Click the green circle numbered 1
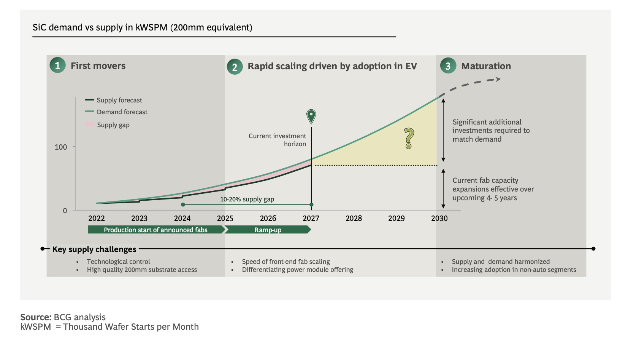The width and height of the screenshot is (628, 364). [x=57, y=65]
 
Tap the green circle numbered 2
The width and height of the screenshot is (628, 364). [x=235, y=67]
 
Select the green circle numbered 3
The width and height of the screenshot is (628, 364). [x=448, y=66]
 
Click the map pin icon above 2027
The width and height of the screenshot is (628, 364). [x=311, y=116]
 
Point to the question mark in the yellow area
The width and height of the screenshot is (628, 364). [x=409, y=138]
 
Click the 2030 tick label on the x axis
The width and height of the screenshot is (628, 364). [x=439, y=218]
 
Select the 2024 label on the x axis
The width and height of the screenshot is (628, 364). [x=182, y=218]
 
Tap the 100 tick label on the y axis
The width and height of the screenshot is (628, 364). [x=61, y=147]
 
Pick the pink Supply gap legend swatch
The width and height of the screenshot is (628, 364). [x=90, y=125]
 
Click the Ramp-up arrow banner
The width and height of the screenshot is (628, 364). [x=268, y=230]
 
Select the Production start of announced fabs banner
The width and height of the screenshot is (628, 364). [x=156, y=230]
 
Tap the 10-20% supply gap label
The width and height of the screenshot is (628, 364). [x=247, y=199]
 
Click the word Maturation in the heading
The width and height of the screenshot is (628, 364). [x=486, y=66]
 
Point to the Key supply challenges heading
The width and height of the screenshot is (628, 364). [x=94, y=249]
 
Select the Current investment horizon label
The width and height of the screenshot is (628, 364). [x=277, y=140]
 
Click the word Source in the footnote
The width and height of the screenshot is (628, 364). [x=35, y=317]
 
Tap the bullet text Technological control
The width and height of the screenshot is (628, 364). [x=118, y=262]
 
